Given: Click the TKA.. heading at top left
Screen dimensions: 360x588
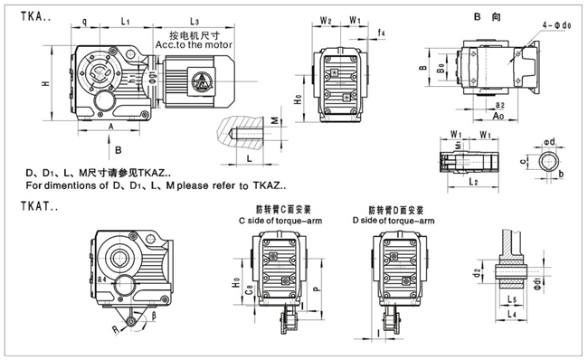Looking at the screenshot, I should [28, 16].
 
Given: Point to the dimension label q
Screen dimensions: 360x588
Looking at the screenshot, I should [84, 20].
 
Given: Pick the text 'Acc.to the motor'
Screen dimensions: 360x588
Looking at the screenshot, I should [194, 43].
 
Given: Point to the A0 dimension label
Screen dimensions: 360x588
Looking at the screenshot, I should [498, 116].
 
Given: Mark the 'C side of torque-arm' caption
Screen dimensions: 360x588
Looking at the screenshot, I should [278, 220].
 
